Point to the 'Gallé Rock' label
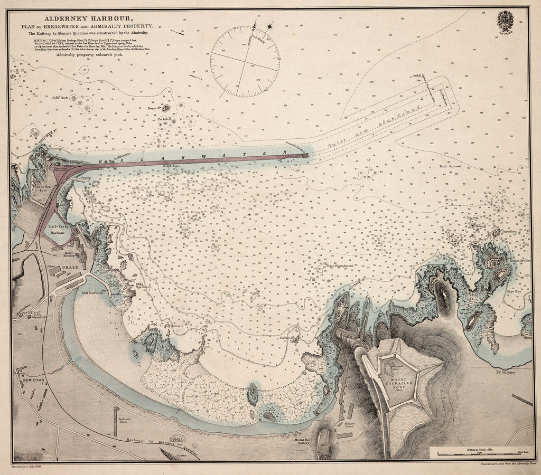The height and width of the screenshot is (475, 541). (60, 98)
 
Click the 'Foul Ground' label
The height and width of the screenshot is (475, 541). (450, 166)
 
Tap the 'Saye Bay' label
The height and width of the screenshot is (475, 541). (514, 291)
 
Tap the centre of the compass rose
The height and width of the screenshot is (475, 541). (245, 62)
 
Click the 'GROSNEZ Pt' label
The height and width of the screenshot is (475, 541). (24, 142)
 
